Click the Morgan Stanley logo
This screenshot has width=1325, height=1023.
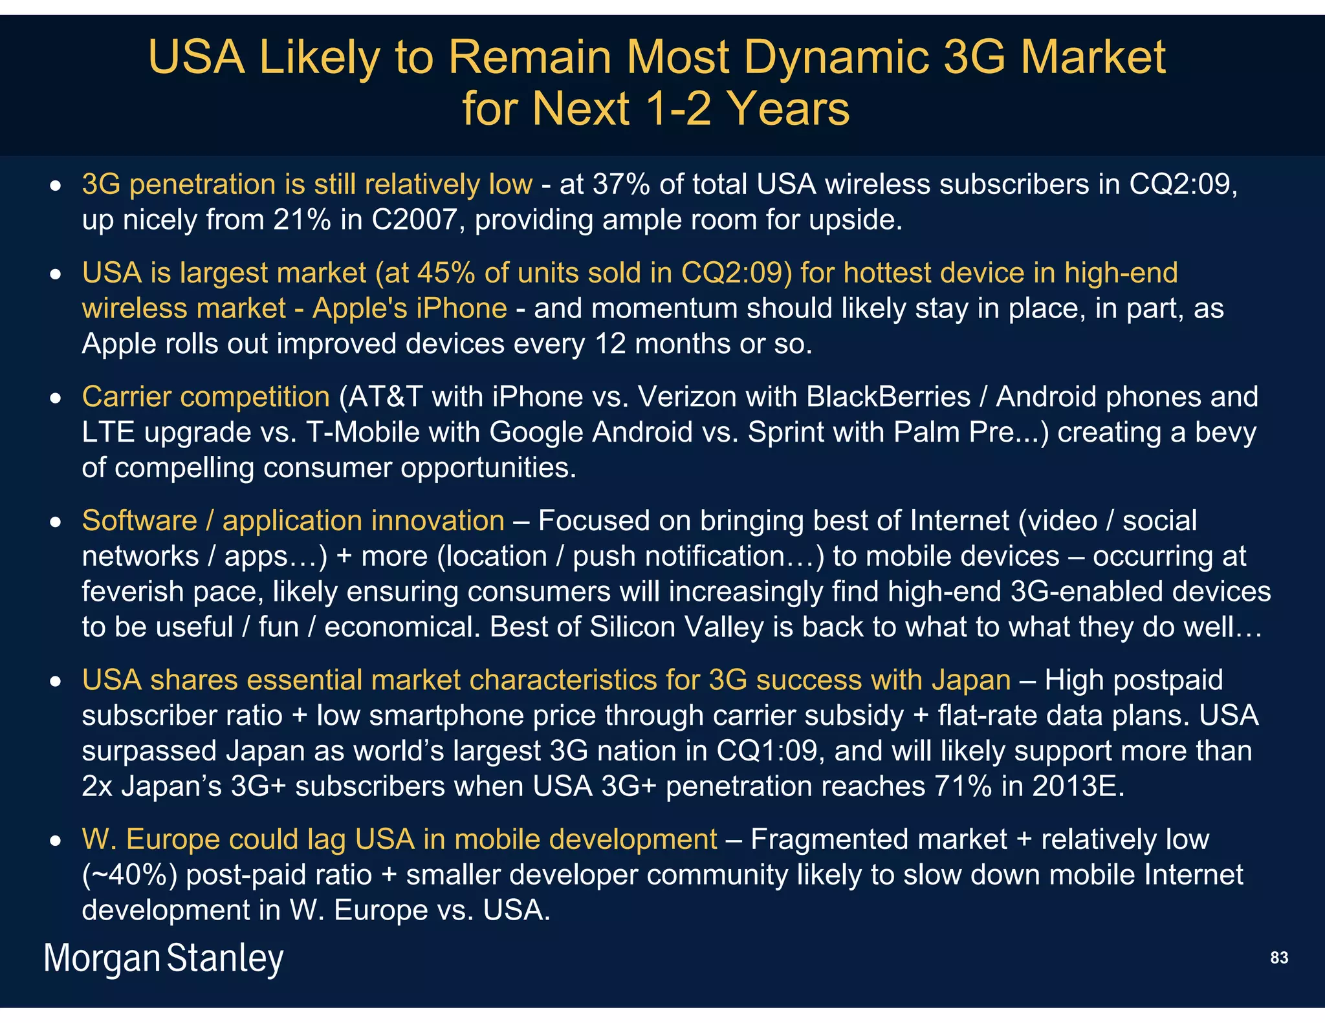[x=164, y=958]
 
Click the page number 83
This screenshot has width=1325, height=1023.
[x=1278, y=958]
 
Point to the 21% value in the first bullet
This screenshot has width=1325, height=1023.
[x=301, y=220]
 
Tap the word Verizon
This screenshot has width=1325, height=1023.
[x=687, y=397]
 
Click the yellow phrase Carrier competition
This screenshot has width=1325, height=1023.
[x=206, y=397]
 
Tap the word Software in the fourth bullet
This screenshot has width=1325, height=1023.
[x=140, y=521]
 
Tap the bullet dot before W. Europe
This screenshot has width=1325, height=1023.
[x=57, y=841]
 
